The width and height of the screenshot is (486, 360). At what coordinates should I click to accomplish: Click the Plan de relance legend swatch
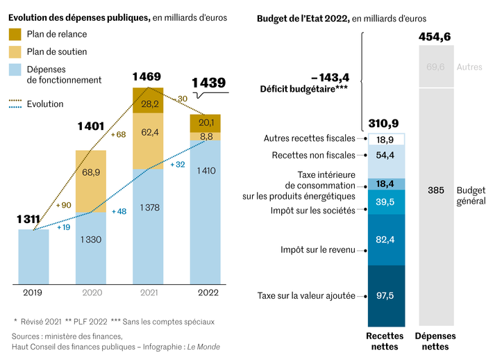click(15, 34)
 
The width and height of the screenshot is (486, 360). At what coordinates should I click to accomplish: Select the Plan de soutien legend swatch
click(15, 51)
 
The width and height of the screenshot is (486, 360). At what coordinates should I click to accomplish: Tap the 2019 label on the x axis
click(33, 293)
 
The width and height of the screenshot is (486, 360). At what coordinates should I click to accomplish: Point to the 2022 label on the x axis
click(205, 293)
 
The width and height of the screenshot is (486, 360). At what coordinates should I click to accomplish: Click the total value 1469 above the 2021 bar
click(147, 76)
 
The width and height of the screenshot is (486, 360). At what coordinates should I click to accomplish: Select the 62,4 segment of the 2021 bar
click(148, 132)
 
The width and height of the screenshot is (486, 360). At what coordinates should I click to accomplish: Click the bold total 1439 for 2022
click(209, 83)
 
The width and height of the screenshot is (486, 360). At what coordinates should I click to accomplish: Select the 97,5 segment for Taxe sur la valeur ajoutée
click(385, 296)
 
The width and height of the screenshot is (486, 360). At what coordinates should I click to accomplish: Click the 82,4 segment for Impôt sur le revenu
click(385, 240)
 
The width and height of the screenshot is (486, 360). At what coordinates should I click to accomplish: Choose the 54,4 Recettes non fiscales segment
click(385, 155)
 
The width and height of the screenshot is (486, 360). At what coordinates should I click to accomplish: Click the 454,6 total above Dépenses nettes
click(436, 37)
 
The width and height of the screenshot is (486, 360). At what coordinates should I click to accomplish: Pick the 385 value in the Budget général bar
click(436, 190)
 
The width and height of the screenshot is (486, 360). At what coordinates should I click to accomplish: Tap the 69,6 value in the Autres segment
click(436, 67)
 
